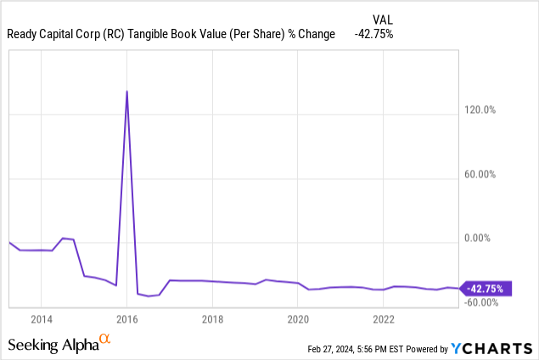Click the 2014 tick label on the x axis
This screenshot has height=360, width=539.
click(41, 320)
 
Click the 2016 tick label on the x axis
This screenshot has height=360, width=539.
click(126, 320)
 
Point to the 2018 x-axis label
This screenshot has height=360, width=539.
click(212, 320)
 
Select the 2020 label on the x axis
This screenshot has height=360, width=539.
click(298, 320)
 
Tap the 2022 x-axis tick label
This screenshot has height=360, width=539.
click(384, 320)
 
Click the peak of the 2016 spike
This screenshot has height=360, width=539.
click(127, 91)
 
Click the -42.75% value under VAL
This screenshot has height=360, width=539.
click(373, 35)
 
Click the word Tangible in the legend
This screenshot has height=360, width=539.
click(160, 35)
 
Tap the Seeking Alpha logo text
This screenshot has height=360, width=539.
click(53, 345)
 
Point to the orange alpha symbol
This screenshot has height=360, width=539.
click(105, 340)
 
